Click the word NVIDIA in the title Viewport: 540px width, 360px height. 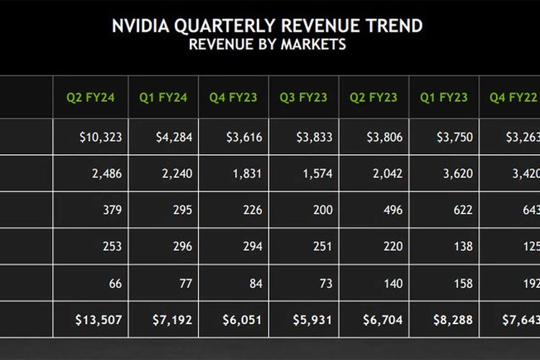[141, 27]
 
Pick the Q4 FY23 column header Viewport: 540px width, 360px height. [233, 97]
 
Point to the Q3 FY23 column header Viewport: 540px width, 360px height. [303, 97]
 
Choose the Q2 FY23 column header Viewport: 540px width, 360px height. [373, 97]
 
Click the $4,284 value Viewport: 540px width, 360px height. [173, 138]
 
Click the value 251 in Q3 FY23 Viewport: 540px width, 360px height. [316, 246]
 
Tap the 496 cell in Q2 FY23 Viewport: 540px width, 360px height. [386, 210]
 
